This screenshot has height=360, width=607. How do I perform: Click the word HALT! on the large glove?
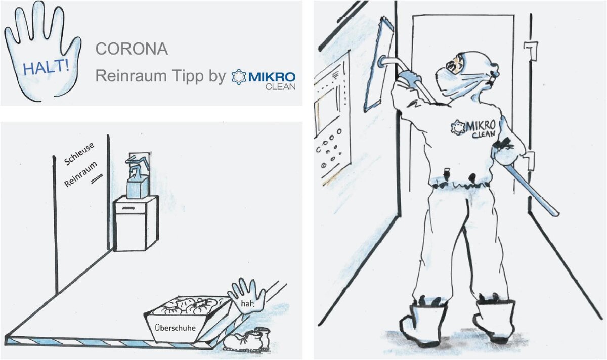[x=46, y=67]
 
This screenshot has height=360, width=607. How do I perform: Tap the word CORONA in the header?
[x=132, y=49]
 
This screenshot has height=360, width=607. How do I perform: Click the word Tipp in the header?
[x=187, y=77]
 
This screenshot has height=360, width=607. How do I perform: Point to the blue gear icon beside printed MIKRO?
[x=239, y=77]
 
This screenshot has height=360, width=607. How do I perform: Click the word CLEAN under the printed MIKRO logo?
[x=280, y=87]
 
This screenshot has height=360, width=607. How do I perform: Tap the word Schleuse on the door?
[x=79, y=153]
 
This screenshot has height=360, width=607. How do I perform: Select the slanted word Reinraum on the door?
[x=80, y=174]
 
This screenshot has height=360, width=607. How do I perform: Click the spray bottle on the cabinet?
[x=138, y=176]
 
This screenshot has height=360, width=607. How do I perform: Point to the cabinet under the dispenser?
[x=136, y=223]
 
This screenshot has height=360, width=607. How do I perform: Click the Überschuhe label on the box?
[x=175, y=328]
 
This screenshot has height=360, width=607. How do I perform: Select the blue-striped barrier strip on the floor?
[x=108, y=343]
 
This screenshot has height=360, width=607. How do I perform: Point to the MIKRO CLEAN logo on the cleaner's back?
[x=473, y=128]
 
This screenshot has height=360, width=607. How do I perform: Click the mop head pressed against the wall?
[x=379, y=64]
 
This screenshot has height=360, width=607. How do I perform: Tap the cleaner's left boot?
[x=423, y=324]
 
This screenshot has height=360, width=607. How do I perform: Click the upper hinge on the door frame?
[x=531, y=52]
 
